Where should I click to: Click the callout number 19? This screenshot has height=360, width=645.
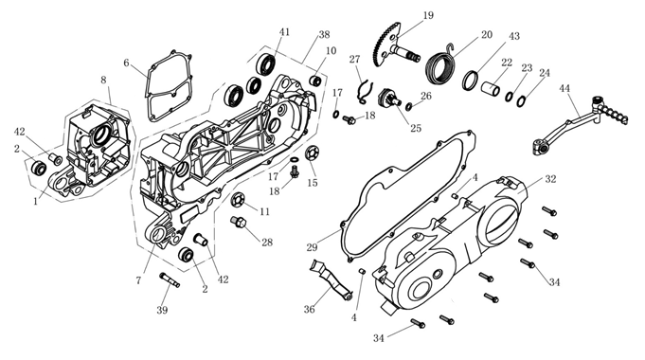click(x=428, y=16)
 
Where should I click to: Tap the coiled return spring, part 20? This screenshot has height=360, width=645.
click(x=440, y=65)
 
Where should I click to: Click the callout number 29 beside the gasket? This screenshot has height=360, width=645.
click(x=312, y=247)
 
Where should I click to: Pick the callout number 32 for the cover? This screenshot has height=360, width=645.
click(x=550, y=179)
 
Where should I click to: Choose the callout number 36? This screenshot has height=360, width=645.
click(x=310, y=309)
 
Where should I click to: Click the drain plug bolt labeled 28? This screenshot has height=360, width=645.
click(x=238, y=223)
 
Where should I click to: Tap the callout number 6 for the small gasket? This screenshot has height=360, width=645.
click(x=126, y=63)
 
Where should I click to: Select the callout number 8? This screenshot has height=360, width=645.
click(x=103, y=80)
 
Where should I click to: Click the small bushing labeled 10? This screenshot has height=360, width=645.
click(x=316, y=81)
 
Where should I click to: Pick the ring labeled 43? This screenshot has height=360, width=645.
click(x=470, y=81)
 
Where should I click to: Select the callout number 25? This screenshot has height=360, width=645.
click(x=416, y=128)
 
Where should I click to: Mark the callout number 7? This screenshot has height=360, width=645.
click(x=138, y=280)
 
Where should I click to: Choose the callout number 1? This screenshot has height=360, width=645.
click(x=36, y=202)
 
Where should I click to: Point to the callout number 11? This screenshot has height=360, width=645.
click(x=265, y=211)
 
